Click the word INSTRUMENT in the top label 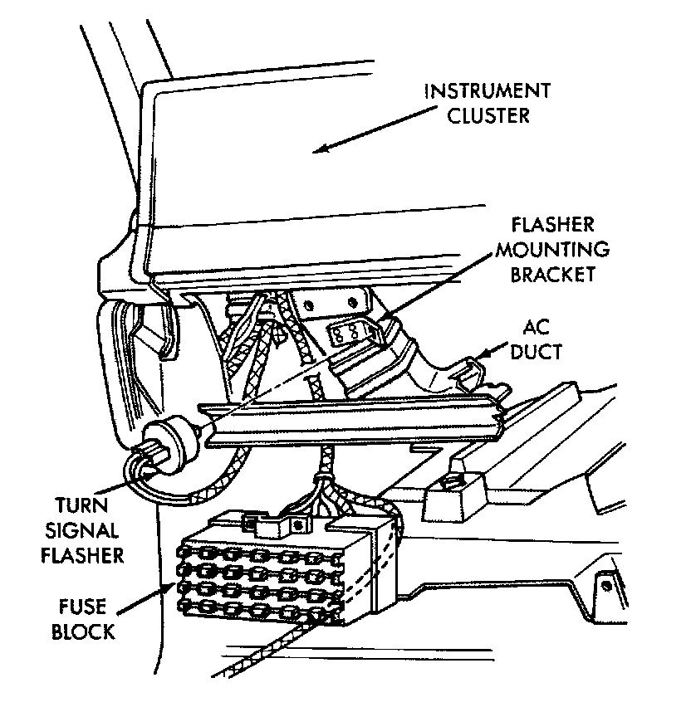(487, 90)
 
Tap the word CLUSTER (488, 115)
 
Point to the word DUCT (537, 351)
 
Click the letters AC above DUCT (536, 328)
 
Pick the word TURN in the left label (81, 505)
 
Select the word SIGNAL (82, 529)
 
